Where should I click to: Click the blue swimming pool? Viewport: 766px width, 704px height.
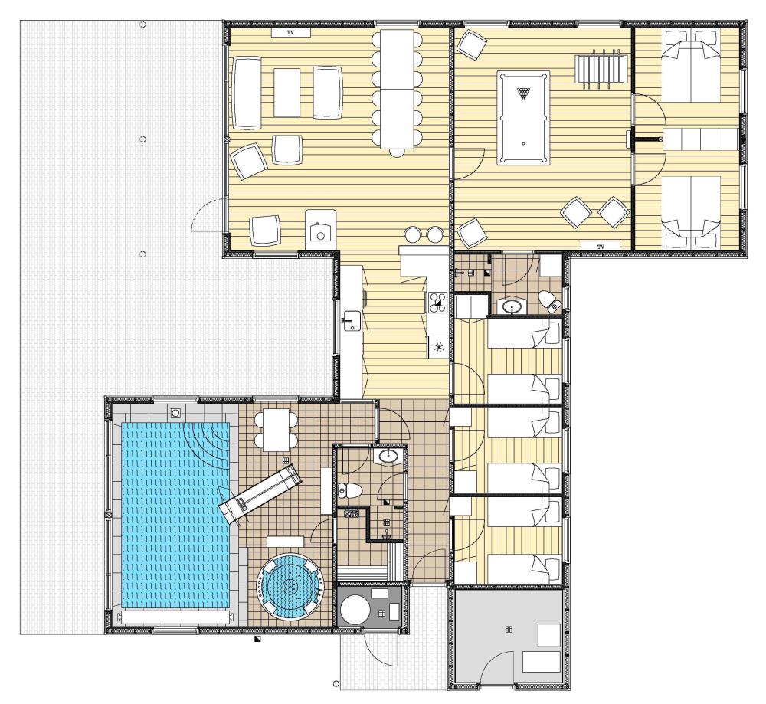pos(175,516)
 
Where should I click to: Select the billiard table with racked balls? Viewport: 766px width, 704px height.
pos(523,118)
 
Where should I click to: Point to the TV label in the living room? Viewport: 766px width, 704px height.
pos(290,33)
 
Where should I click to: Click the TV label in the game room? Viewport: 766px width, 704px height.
pos(601,246)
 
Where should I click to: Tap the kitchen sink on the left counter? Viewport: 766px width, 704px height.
pos(350,320)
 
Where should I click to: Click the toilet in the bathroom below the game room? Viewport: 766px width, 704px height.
pos(552,301)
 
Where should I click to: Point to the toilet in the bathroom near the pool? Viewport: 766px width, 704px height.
pos(349,490)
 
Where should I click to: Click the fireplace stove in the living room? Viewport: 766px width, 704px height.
pos(320,228)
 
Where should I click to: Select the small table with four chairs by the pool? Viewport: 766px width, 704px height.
pos(276,430)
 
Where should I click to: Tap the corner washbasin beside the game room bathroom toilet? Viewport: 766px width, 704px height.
pos(511,306)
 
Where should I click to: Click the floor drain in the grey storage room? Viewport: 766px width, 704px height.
pos(509,629)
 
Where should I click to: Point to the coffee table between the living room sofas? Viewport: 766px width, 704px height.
pos(286,93)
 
